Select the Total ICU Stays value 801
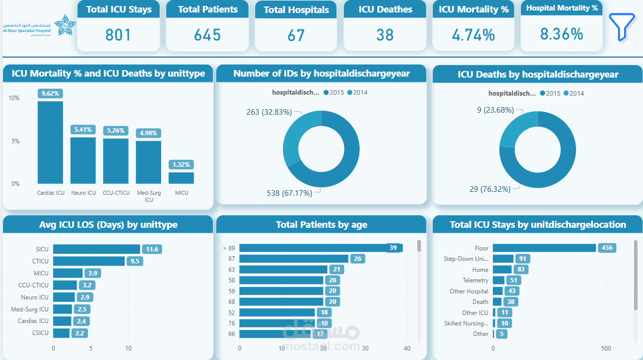tap(118, 35)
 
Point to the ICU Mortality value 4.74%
tap(473, 35)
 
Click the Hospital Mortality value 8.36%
tap(561, 34)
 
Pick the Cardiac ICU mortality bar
tap(51, 142)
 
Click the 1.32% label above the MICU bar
tap(181, 165)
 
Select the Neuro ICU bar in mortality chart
tap(83, 160)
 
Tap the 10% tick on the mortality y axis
tap(14, 98)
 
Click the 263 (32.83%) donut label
tap(269, 112)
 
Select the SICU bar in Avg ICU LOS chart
tap(97, 249)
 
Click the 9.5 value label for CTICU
tap(135, 261)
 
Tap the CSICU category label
tap(40, 333)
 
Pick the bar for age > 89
tap(321, 248)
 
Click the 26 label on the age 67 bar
tap(357, 259)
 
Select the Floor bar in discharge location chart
tap(544, 248)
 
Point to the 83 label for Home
tap(521, 269)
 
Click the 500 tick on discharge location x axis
tap(606, 348)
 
